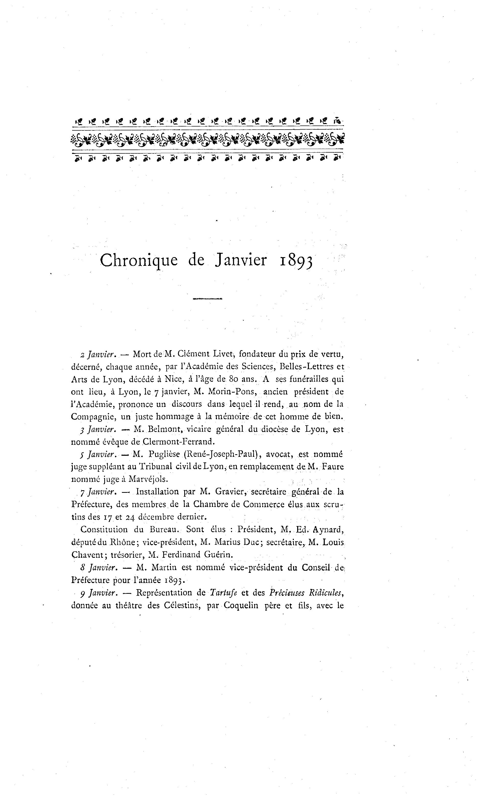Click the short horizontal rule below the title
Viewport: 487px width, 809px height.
[208, 299]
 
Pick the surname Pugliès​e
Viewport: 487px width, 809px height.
[164, 454]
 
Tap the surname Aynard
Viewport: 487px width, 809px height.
[328, 529]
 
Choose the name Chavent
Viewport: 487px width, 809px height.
[86, 555]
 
